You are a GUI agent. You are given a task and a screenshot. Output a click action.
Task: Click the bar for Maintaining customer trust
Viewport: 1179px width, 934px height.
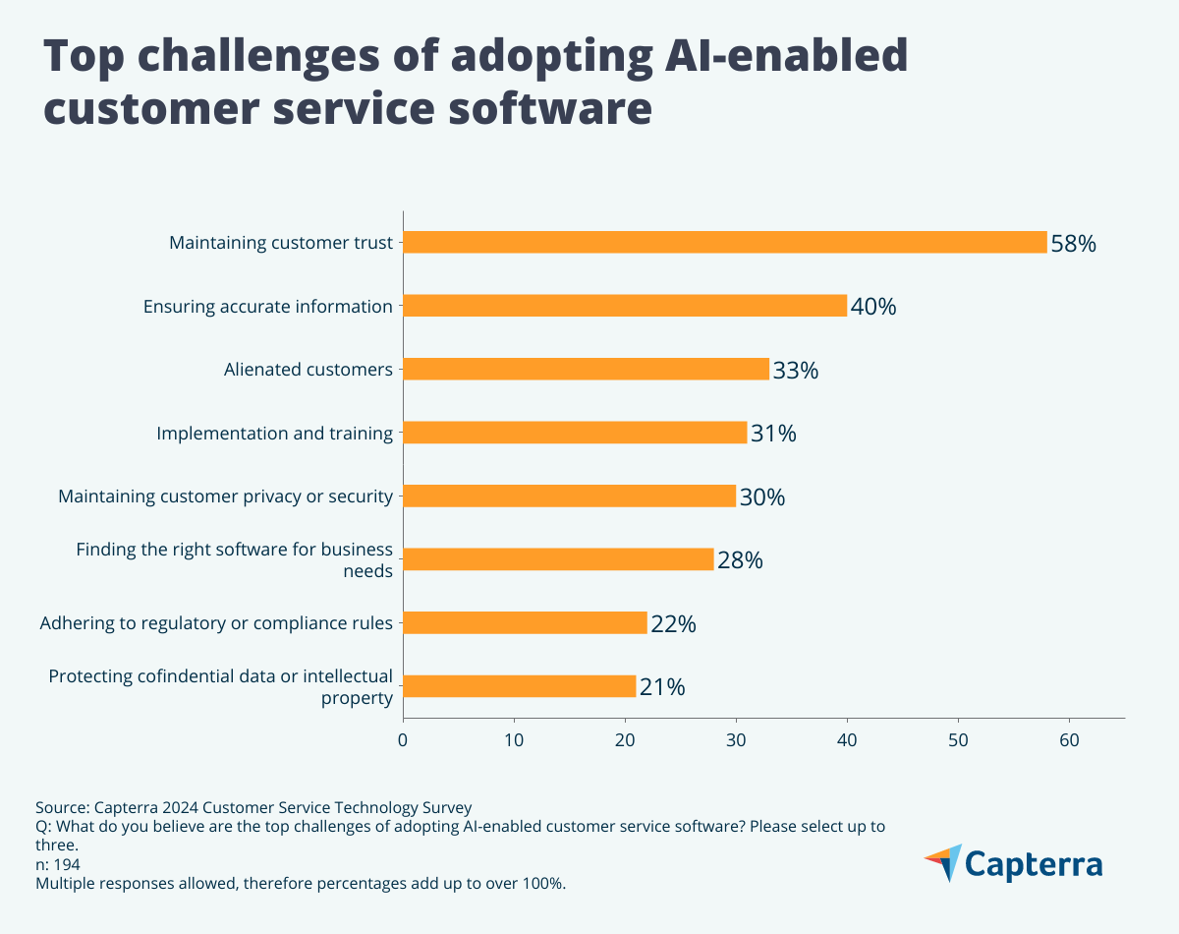point(725,242)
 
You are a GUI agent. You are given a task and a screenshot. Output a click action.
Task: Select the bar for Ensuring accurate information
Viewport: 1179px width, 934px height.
point(625,306)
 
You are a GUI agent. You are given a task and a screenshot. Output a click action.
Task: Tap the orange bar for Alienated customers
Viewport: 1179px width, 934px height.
point(586,369)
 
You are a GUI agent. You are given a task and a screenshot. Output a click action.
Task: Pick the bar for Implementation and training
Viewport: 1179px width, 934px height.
point(575,433)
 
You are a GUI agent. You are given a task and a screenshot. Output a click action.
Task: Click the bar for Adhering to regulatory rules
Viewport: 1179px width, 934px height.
point(525,622)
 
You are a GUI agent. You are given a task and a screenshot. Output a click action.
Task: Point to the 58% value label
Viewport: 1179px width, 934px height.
point(1073,244)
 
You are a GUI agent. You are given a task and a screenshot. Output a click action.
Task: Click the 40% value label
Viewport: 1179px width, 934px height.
point(873,307)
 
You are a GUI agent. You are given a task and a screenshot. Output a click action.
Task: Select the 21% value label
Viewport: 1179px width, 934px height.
point(662,687)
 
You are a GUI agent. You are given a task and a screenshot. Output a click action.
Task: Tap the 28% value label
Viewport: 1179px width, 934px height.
point(740,560)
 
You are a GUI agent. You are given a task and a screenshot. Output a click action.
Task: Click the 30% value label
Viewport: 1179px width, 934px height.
point(762,497)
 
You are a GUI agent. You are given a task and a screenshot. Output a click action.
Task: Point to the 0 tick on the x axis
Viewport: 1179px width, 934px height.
point(403,738)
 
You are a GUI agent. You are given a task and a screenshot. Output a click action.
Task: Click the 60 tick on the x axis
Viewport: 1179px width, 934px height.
point(1069,738)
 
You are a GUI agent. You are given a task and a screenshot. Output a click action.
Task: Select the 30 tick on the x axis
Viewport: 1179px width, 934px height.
point(736,738)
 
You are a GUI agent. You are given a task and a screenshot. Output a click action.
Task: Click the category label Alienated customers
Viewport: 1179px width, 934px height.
point(308,370)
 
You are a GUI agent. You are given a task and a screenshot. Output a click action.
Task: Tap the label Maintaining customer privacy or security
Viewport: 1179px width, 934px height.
point(225,496)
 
